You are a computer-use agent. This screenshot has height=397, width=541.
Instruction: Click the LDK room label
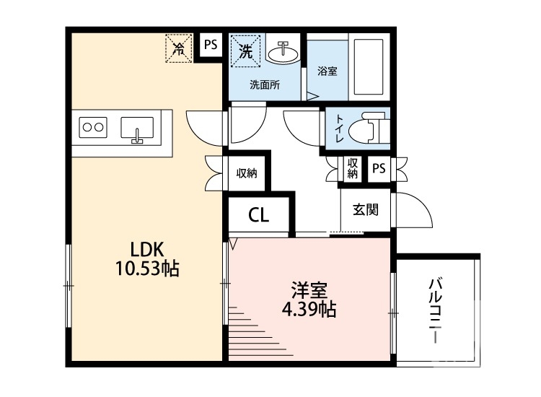coord(147,250)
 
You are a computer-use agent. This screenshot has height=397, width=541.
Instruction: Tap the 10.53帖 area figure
coord(147,270)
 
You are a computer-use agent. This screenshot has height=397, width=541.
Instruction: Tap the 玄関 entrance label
coord(365,210)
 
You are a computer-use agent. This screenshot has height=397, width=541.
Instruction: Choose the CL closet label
coord(259,214)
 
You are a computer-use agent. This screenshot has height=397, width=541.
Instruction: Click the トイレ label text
coord(338,128)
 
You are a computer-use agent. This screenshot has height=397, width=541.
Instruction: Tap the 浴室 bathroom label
coord(327,71)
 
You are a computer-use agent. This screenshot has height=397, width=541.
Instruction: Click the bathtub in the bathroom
coord(370,66)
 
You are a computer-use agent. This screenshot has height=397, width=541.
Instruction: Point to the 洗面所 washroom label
coord(265,84)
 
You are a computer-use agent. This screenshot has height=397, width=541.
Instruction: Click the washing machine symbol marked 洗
coord(246,51)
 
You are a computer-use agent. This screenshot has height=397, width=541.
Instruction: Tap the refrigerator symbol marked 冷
coord(177,48)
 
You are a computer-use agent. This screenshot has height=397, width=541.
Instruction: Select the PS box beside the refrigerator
coord(210,45)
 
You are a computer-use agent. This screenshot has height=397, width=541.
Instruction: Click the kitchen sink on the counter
coord(137,128)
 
